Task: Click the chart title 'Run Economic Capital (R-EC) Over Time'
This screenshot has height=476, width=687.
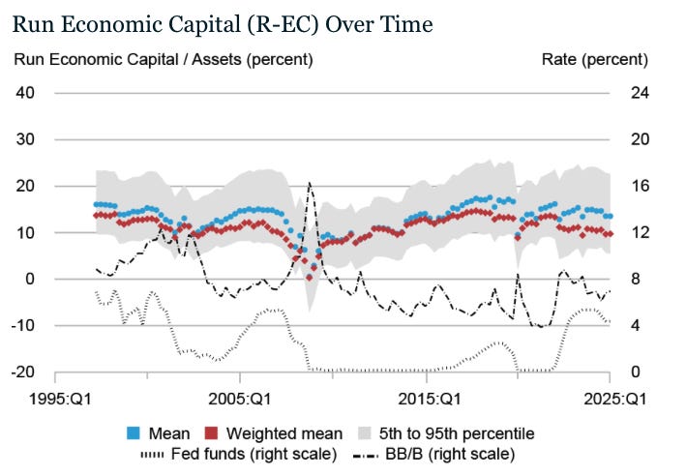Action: pyautogui.click(x=223, y=22)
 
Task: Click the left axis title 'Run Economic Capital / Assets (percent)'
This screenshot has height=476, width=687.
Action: pyautogui.click(x=163, y=60)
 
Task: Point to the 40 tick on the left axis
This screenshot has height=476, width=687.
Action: pyautogui.click(x=24, y=93)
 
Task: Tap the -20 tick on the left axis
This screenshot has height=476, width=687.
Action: pyautogui.click(x=21, y=372)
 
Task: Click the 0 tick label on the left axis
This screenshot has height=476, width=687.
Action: pyautogui.click(x=29, y=279)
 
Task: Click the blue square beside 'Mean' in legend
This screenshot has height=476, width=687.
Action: pyautogui.click(x=134, y=433)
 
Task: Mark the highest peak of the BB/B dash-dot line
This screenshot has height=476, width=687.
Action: pyautogui.click(x=310, y=183)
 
